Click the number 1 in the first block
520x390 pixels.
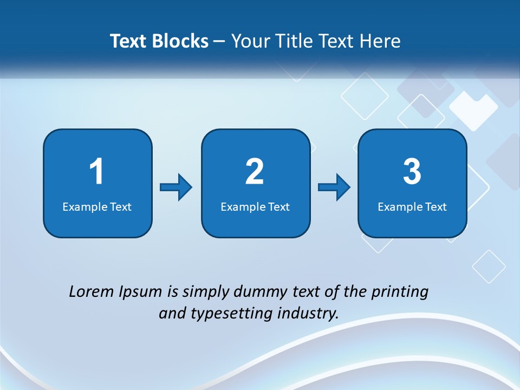point(96,172)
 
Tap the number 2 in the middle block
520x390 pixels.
point(255,172)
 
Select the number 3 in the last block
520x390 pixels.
point(412,172)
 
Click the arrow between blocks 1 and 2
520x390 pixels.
point(176,187)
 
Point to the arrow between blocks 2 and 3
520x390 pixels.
point(334,187)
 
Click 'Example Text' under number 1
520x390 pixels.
point(97,206)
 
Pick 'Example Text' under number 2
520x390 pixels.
point(255,206)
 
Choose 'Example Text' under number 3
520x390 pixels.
point(412,206)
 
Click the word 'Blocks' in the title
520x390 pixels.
point(181,41)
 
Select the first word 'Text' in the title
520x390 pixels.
point(128,41)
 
